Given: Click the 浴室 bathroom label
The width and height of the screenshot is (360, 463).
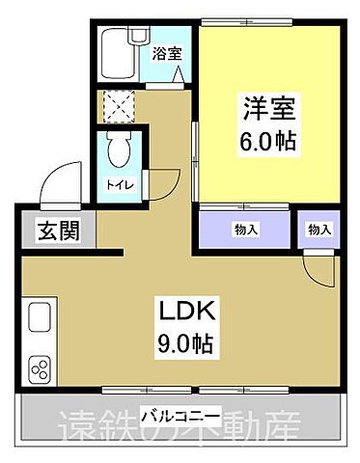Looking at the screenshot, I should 164,55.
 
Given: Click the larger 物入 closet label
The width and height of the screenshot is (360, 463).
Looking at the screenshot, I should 244,229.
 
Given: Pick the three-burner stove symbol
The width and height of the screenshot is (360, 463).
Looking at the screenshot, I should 42,368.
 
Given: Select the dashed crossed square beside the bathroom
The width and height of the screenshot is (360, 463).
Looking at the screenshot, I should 121,107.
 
